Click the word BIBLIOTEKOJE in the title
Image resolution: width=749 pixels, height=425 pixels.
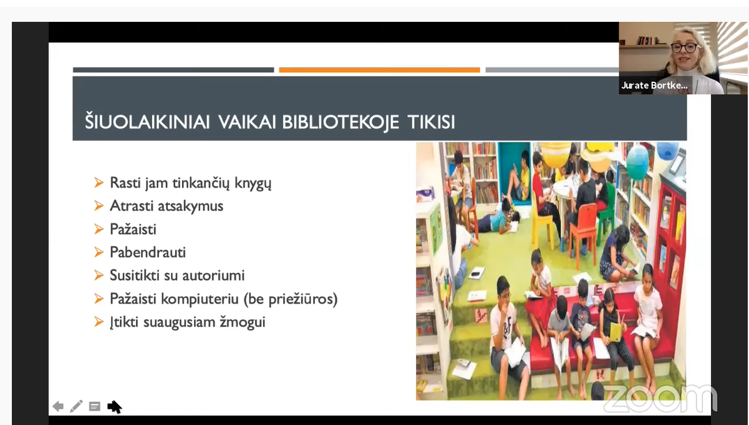(340, 122)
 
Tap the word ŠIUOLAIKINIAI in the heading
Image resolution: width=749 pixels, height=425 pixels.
(147, 121)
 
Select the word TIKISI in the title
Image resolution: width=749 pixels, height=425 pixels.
(431, 122)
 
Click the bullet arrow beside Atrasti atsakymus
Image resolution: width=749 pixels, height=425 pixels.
(99, 206)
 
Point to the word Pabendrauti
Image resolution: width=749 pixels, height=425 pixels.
(147, 252)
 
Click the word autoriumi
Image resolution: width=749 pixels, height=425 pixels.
(213, 275)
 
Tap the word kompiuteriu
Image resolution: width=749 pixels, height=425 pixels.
(200, 299)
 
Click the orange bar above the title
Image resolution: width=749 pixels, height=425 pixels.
(380, 70)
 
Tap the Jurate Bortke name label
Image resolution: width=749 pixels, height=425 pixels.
(654, 85)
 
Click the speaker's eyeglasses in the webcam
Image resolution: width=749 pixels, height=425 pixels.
(684, 47)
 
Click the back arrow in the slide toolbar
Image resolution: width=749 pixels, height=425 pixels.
(58, 406)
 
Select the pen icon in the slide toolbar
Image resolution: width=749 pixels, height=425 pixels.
(76, 406)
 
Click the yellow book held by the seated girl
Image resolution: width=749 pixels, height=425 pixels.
(616, 331)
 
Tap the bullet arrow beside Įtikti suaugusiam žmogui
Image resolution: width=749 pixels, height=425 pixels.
(99, 322)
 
